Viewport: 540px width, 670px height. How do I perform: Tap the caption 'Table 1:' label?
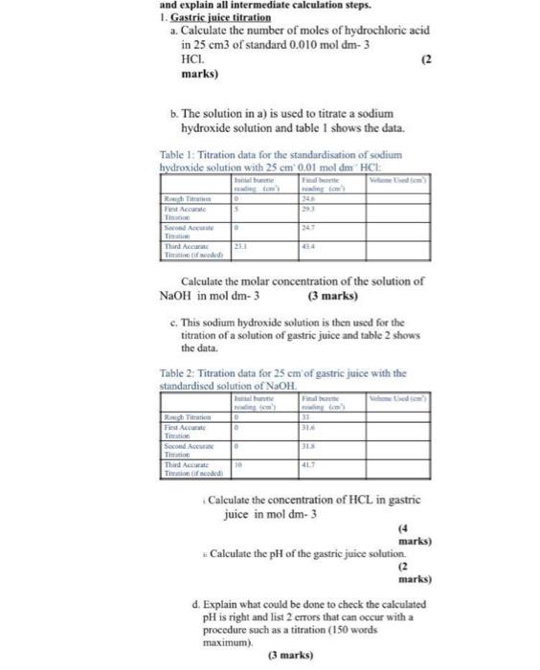click(181, 154)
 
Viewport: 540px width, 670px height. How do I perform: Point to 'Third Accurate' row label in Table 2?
click(187, 465)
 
